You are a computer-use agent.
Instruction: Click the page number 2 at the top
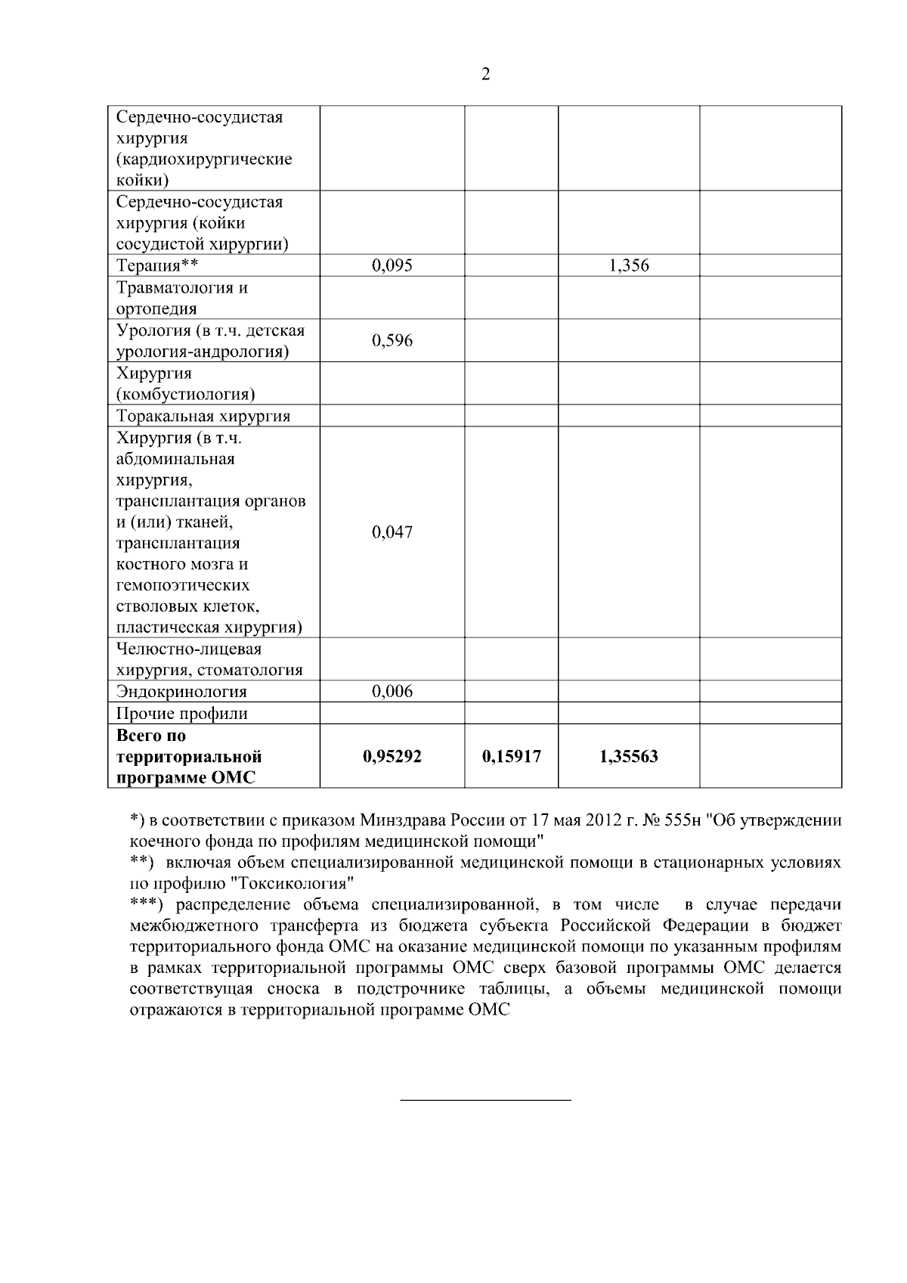click(x=485, y=74)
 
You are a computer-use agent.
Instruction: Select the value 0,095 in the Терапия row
click(x=392, y=265)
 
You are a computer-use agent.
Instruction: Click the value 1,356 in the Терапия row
click(x=629, y=265)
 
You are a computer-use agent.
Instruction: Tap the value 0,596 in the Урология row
click(x=392, y=340)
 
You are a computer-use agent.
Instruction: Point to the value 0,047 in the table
click(x=392, y=532)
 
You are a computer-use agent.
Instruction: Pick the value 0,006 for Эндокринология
click(x=392, y=691)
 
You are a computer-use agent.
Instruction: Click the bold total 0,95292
click(x=392, y=756)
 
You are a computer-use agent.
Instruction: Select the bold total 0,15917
click(x=511, y=756)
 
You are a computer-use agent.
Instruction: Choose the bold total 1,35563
click(x=629, y=756)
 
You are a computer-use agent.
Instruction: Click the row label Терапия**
click(x=156, y=265)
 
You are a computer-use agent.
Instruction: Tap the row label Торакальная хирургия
click(x=203, y=417)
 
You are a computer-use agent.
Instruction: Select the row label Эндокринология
click(x=181, y=692)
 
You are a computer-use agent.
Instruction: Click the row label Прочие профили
click(x=181, y=714)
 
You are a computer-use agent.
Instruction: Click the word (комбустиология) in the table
click(x=185, y=395)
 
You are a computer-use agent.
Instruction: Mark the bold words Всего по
click(x=150, y=736)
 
